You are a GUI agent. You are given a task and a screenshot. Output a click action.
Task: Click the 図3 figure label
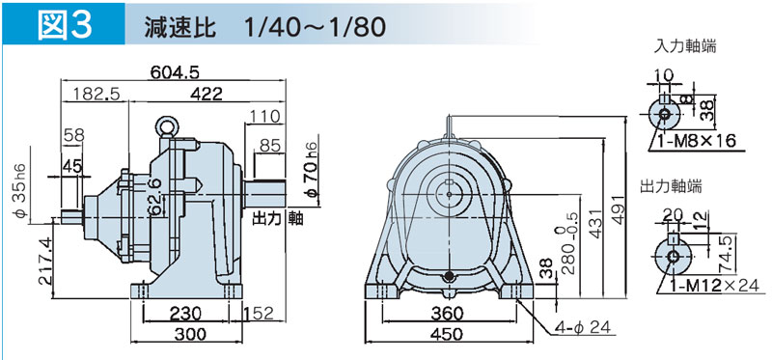[64, 26]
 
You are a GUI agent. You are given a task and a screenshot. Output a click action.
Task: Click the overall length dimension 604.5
[175, 72]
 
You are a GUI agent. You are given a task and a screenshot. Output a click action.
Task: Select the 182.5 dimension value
[96, 94]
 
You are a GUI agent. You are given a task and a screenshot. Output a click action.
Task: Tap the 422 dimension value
[207, 94]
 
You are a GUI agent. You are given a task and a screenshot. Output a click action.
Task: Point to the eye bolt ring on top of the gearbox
[166, 126]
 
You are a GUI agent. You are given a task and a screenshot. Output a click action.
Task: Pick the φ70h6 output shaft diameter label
[312, 166]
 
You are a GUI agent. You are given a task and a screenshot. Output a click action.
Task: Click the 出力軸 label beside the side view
[278, 218]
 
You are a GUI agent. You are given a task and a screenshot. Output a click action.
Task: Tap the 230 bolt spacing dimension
[185, 314]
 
